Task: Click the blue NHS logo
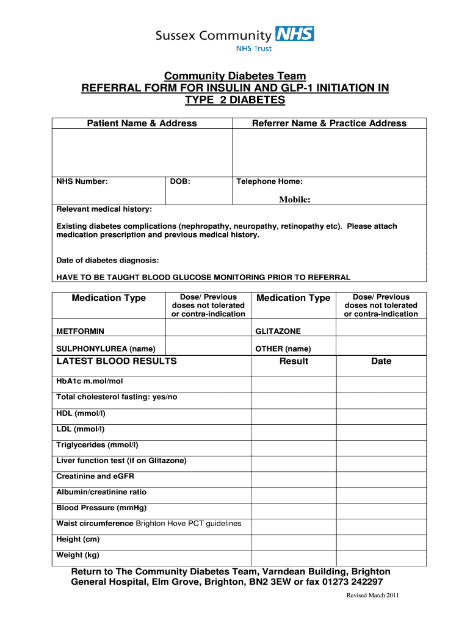coord(295,34)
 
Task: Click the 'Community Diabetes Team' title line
coord(235,76)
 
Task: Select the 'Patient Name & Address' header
coord(142,123)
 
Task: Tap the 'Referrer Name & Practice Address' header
coord(329,123)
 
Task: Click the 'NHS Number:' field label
coord(82,181)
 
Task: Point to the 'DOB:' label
coord(180,181)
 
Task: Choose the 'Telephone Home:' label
coord(269,181)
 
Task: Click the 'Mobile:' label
coord(295,199)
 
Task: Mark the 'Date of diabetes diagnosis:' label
coord(107,261)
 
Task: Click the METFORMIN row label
coord(80,331)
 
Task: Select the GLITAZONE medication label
coord(278,331)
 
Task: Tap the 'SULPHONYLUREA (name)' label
coord(106,349)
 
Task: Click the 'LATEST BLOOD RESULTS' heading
coord(116,361)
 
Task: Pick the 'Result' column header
coord(294,361)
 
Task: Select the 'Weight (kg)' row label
coord(78,555)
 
